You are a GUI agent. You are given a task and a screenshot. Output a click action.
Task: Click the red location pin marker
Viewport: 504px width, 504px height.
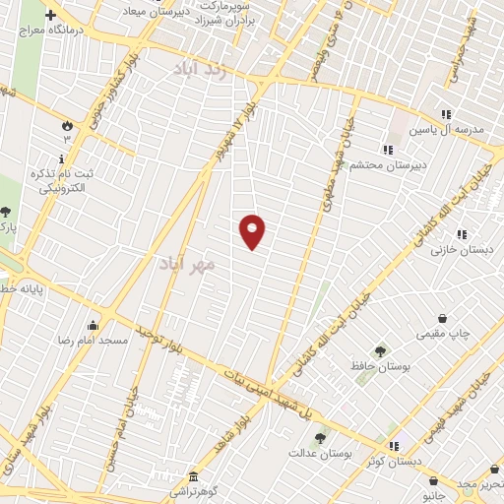tap(252, 231)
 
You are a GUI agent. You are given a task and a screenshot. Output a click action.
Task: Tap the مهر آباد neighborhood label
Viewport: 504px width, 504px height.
tap(184, 264)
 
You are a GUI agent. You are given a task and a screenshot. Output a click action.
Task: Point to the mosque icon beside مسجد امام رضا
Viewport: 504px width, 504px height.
tap(93, 326)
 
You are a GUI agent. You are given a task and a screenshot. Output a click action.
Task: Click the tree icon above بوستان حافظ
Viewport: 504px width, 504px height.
tap(379, 351)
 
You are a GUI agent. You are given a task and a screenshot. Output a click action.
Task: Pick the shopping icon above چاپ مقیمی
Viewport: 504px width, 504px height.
tap(444, 318)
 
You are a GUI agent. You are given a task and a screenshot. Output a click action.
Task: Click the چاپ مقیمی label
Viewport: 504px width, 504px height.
tap(444, 334)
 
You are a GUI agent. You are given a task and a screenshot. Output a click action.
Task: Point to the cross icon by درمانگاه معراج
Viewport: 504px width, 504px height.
tap(50, 15)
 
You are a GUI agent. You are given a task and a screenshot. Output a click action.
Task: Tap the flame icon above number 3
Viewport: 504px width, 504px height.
tap(67, 126)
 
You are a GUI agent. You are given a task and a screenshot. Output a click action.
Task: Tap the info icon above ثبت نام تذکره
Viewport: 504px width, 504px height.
tap(62, 158)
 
